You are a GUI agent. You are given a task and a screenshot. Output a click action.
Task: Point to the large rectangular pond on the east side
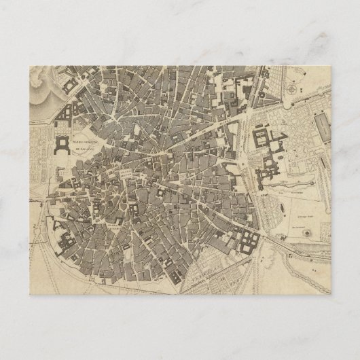point(320,128)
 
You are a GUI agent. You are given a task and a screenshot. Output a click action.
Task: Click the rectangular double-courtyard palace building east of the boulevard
point(262,139)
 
